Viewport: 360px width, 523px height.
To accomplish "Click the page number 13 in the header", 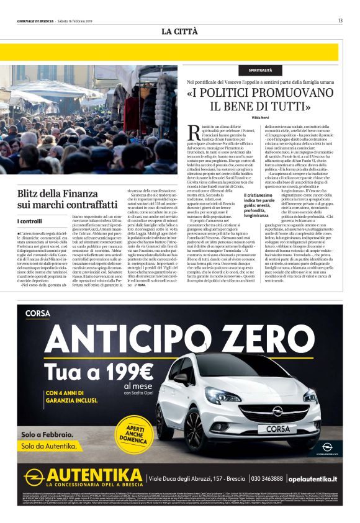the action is pyautogui.click(x=340, y=20).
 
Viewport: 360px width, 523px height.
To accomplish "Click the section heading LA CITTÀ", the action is pyautogui.click(x=179, y=31).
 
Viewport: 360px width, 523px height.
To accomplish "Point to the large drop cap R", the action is pyautogui.click(x=191, y=132).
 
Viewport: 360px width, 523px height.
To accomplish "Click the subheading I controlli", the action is pyautogui.click(x=30, y=221).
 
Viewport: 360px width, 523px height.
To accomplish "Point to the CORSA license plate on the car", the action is pyautogui.click(x=269, y=428).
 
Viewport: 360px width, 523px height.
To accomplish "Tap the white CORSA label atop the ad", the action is pyautogui.click(x=37, y=313).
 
